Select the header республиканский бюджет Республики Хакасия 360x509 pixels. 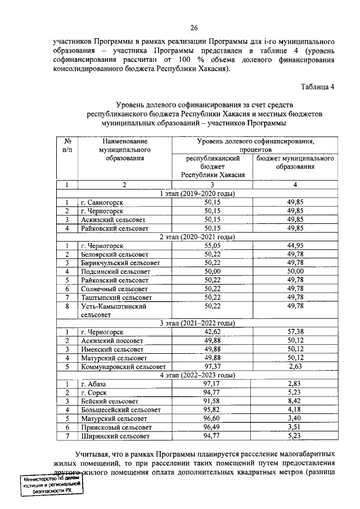pyautogui.click(x=213, y=167)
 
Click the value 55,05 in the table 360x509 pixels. pyautogui.click(x=213, y=246)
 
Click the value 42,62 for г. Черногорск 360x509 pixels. pyautogui.click(x=213, y=332)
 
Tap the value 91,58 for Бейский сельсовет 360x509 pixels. pyautogui.click(x=213, y=401)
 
